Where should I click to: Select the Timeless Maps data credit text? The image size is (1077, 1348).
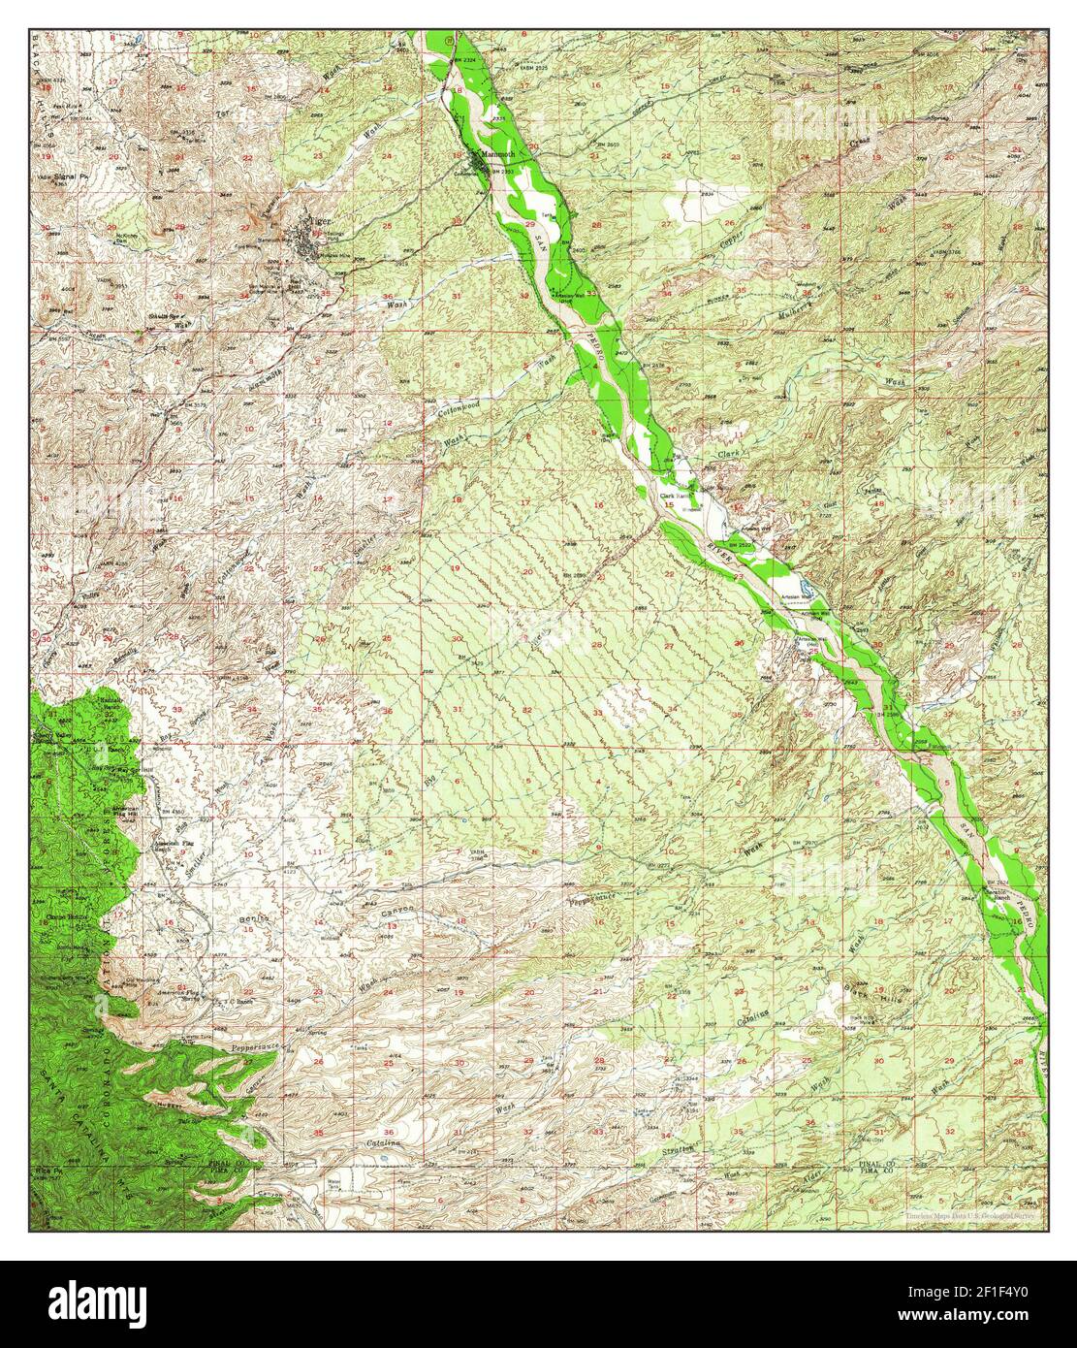[970, 1214]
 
